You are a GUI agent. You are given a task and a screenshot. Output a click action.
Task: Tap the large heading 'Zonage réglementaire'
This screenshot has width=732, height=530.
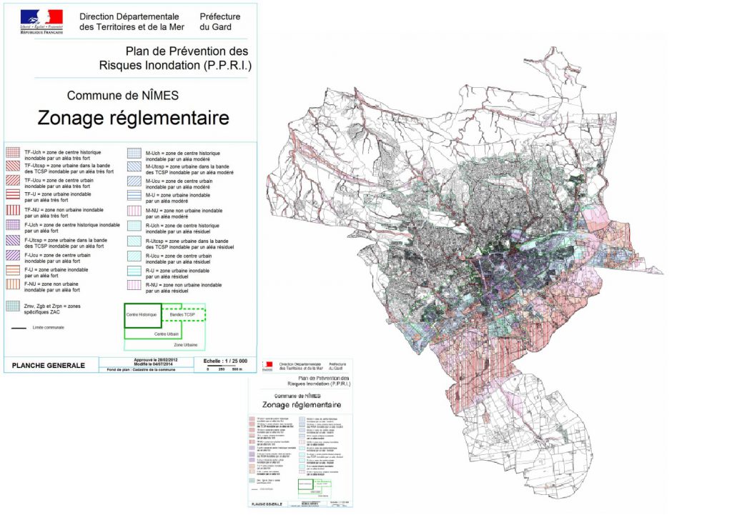pos(133,117)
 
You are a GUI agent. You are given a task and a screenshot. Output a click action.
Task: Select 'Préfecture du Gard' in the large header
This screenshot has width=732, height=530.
pos(220,21)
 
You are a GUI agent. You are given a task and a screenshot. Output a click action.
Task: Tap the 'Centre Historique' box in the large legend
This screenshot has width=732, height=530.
pos(142,315)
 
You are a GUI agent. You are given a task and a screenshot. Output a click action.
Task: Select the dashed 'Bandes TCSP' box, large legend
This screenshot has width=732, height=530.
pos(183,314)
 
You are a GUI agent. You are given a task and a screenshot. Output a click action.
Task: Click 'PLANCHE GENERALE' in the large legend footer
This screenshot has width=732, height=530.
pos(49,366)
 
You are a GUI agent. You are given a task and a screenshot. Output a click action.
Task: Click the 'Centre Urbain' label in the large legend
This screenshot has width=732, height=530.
pos(164,334)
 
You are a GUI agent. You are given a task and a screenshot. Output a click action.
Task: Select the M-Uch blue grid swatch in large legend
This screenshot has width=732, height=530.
pos(134,153)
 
